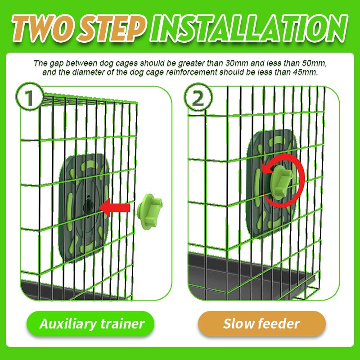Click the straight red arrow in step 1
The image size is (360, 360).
point(114,207)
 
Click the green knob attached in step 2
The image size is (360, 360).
point(282,180)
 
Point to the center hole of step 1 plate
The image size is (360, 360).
point(88,205)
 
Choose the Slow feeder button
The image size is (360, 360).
point(262,324)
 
